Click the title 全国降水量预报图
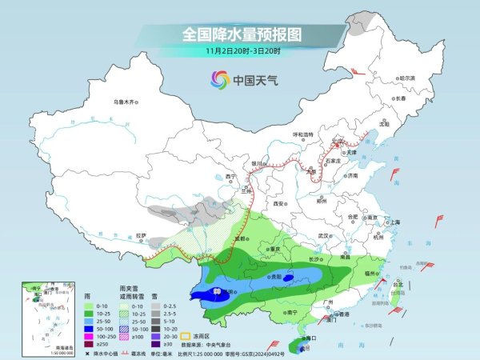(x=241, y=34)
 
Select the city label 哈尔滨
(x=407, y=78)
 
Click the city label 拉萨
(x=142, y=236)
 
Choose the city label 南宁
(x=292, y=311)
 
